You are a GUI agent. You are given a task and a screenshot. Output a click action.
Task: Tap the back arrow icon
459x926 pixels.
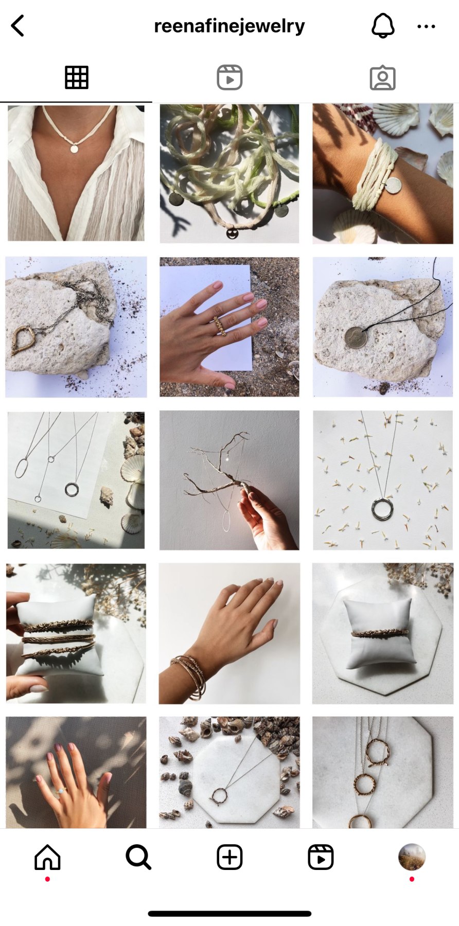tap(17, 26)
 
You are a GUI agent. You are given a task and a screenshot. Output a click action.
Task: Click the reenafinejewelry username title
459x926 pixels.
tap(229, 26)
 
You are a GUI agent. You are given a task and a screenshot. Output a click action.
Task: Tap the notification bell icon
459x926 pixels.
tap(383, 26)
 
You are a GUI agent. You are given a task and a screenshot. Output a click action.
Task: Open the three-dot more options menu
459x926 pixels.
tap(426, 26)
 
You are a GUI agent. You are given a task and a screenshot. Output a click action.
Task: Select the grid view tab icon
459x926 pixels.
tap(77, 78)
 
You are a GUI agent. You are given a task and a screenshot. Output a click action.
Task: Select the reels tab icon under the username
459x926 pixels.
tap(229, 78)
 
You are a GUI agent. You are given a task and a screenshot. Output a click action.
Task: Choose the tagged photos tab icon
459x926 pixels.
tap(383, 78)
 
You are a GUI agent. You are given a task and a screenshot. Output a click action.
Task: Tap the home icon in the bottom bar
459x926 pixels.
tap(47, 857)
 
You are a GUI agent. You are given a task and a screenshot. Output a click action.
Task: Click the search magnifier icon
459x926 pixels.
tap(138, 857)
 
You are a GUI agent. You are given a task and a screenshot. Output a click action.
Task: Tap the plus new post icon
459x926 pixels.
tap(229, 857)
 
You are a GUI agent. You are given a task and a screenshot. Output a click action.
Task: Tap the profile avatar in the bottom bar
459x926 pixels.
tap(412, 857)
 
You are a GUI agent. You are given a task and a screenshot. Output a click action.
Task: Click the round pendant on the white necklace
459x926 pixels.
tap(75, 149)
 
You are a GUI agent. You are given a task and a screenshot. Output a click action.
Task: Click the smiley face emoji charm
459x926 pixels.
tap(232, 234)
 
